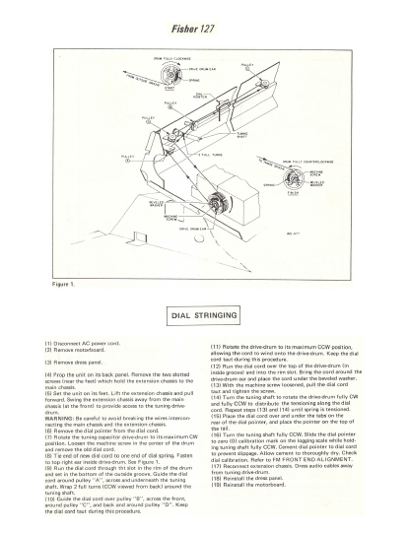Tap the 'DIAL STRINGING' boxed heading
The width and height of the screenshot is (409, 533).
click(204, 317)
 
